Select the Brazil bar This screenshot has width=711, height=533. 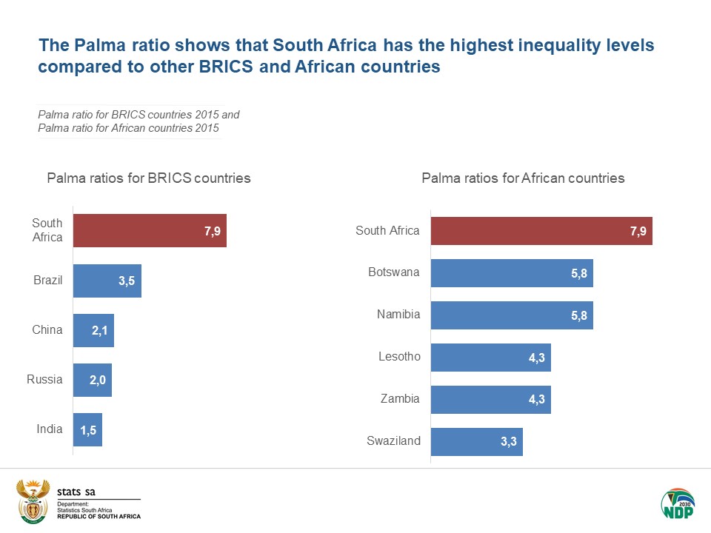tap(107, 281)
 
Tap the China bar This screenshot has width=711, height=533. tap(93, 330)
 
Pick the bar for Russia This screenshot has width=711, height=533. tap(92, 380)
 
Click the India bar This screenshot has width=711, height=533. tap(87, 429)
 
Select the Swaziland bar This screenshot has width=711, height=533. tap(476, 442)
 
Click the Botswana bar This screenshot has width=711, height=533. tap(511, 272)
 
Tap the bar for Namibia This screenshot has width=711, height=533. tap(511, 315)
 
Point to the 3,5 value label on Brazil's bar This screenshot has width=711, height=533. tap(127, 281)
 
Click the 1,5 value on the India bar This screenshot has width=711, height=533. tap(89, 430)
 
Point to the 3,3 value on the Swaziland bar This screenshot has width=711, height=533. tap(509, 442)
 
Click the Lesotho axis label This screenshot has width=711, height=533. tap(399, 357)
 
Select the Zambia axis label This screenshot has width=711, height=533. tap(400, 399)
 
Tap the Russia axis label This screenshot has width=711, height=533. tap(44, 380)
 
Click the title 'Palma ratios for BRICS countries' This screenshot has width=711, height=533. tap(149, 178)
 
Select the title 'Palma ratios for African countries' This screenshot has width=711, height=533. tap(523, 178)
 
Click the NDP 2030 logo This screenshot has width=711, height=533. tap(677, 504)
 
